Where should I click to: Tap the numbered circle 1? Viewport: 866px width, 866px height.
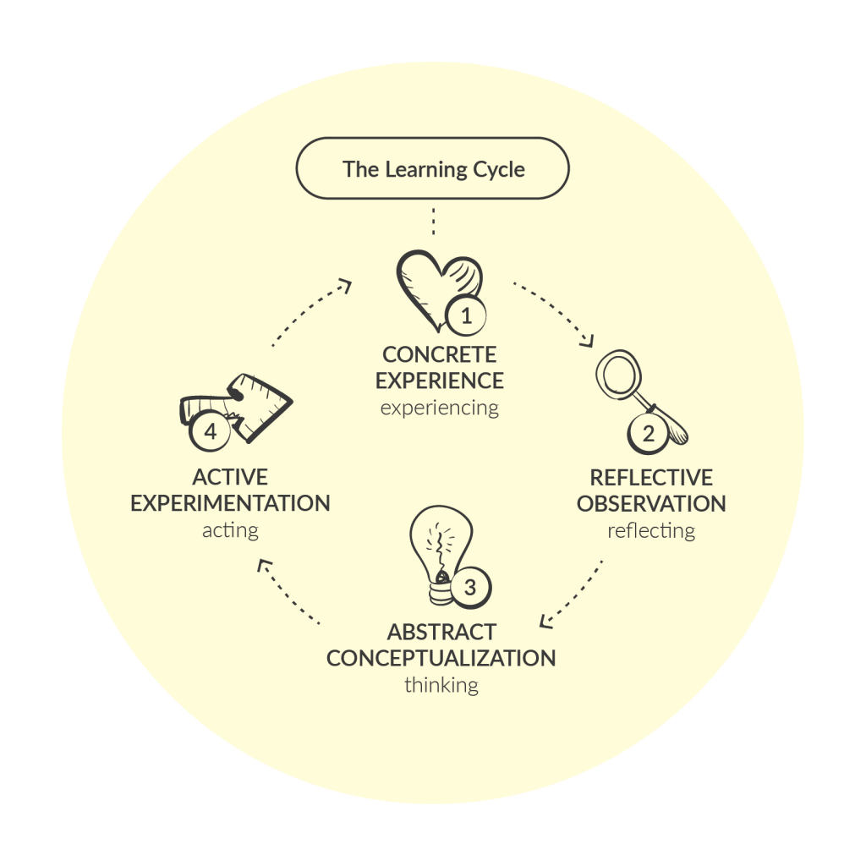click(464, 317)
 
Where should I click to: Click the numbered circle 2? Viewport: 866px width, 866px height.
click(649, 435)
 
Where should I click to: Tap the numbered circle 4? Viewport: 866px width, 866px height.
click(211, 432)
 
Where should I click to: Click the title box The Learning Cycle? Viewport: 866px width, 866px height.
click(432, 169)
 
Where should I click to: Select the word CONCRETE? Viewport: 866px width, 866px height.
click(439, 354)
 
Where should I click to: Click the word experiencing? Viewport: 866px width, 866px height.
click(439, 408)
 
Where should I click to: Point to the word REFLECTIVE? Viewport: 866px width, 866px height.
click(651, 478)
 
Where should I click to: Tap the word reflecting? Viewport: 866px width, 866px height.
click(651, 531)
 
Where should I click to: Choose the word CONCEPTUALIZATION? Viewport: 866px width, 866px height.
click(441, 658)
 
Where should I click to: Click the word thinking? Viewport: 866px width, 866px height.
click(441, 685)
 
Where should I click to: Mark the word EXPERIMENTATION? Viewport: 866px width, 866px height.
click(230, 504)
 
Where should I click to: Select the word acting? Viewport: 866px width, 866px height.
click(230, 531)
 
